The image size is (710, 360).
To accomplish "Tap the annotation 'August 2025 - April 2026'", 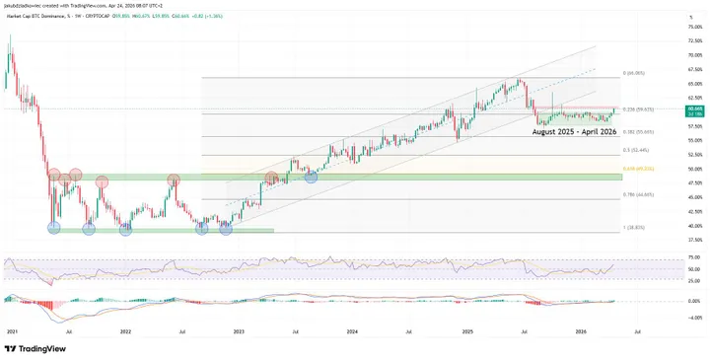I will coord(573,130).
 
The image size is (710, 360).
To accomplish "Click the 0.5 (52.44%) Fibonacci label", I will coord(636,150).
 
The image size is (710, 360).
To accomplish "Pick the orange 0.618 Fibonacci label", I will coord(638,169).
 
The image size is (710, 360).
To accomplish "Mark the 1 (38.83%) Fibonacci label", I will coord(634,228).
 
